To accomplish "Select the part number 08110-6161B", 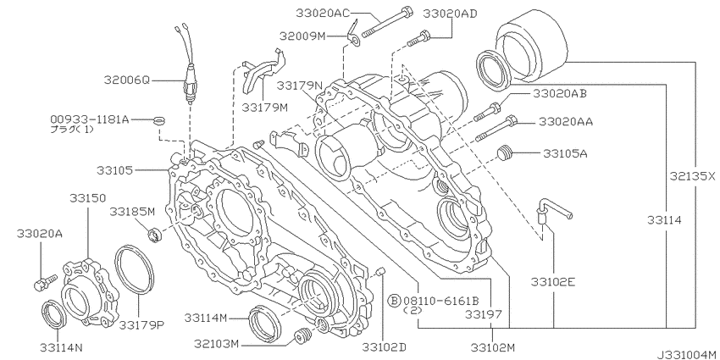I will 440,301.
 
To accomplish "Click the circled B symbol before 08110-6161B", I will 394,301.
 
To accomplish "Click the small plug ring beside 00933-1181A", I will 158,121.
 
